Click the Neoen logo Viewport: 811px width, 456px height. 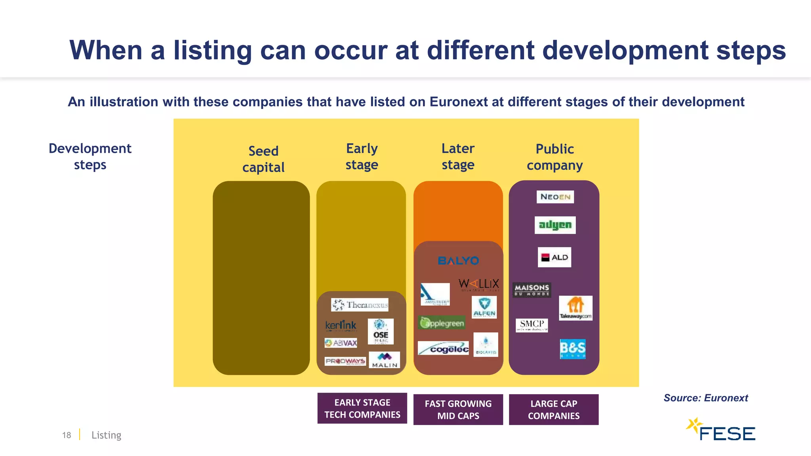tap(555, 197)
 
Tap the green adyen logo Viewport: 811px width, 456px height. tap(555, 225)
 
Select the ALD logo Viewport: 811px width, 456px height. tap(554, 257)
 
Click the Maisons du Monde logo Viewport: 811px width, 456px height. tap(531, 289)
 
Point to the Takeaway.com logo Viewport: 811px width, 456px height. tap(575, 308)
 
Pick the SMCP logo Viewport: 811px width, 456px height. tap(531, 325)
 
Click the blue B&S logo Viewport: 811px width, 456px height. tap(572, 349)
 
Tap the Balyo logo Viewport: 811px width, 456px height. tap(458, 261)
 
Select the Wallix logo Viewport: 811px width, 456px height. tap(478, 284)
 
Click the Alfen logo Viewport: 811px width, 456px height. tap(484, 307)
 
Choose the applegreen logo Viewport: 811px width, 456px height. tap(442, 323)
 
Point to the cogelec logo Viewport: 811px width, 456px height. tap(443, 348)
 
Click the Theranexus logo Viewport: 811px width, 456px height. tap(360, 305)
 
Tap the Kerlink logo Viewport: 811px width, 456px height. tap(341, 326)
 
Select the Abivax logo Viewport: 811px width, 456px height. tap(341, 343)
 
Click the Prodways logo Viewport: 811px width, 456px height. tap(345, 361)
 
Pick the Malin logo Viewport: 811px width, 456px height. tap(384, 360)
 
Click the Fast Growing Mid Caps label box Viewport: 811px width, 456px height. tap(458, 409)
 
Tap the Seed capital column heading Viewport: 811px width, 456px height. tap(263, 159)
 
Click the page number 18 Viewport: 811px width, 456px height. tap(67, 435)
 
